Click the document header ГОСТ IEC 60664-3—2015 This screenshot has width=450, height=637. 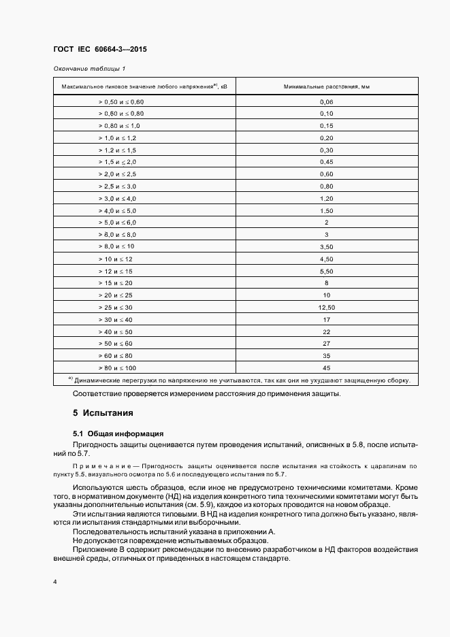click(100, 50)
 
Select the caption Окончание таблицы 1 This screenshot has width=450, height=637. click(89, 69)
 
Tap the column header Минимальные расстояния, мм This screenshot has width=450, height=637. click(326, 87)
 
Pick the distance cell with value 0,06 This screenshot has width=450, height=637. click(326, 101)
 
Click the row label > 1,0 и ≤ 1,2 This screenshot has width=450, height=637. click(117, 137)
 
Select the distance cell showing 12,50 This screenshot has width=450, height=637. click(326, 307)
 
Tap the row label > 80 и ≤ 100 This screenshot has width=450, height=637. click(117, 367)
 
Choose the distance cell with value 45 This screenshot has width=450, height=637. click(326, 367)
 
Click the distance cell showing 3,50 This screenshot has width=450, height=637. click(326, 246)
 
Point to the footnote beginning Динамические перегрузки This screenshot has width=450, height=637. click(242, 381)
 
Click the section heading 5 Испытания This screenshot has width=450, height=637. click(102, 413)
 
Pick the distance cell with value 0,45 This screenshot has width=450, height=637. click(326, 162)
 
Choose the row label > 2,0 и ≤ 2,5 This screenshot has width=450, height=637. click(117, 174)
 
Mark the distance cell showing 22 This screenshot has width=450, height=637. click(326, 331)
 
